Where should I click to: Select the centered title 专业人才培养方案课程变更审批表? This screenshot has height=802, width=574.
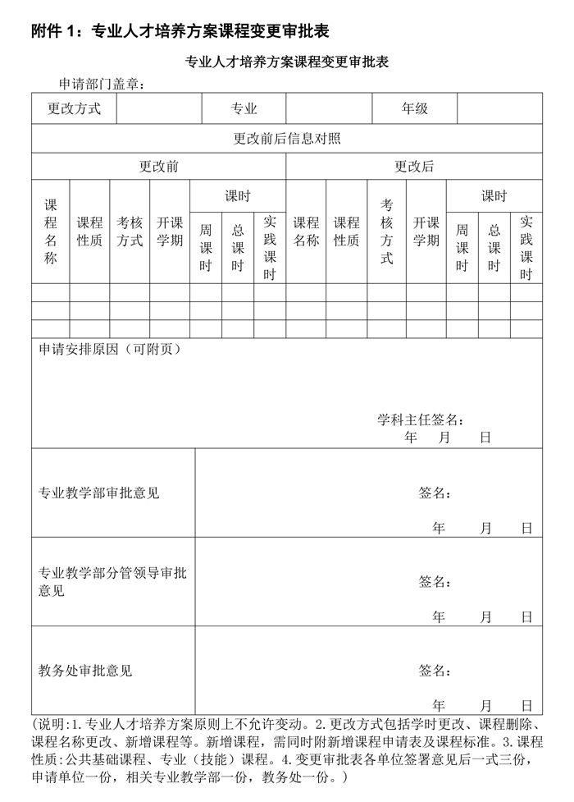[x=286, y=62]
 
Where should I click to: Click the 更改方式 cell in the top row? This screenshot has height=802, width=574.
[x=74, y=108]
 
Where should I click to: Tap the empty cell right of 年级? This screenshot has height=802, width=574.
[x=499, y=108]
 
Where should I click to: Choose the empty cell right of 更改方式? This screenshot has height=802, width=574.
[x=159, y=108]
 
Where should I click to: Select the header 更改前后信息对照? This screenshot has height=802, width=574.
[x=287, y=138]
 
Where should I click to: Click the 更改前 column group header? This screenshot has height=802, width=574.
[x=158, y=167]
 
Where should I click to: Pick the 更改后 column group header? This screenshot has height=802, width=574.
[x=414, y=167]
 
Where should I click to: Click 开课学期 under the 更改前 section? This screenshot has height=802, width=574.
[x=170, y=231]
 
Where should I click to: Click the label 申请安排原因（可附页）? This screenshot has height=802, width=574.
[x=110, y=349]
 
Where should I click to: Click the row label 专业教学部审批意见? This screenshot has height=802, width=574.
[x=98, y=493]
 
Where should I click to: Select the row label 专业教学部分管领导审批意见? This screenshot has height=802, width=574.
[x=112, y=581]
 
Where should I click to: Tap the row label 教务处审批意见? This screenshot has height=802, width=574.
[x=85, y=671]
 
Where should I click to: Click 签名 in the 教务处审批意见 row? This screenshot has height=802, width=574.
[x=435, y=671]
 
